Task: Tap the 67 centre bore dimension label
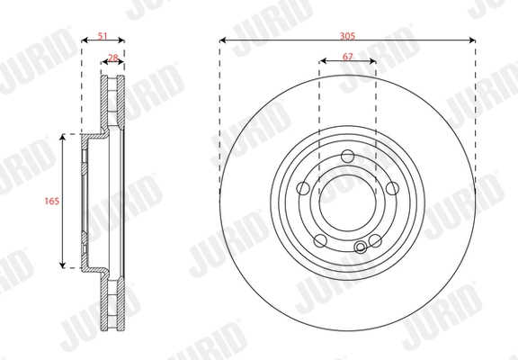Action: pos(348,57)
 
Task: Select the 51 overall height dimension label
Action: pos(102,35)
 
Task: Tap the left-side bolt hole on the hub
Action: pos(303,188)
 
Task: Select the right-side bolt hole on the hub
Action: pos(393,188)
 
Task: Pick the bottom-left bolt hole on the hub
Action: pos(320,240)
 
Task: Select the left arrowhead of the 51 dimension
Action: pos(84,40)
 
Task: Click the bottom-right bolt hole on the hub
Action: pos(376,240)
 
